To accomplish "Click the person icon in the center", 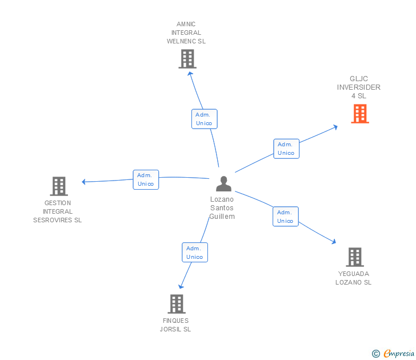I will pos(223,183).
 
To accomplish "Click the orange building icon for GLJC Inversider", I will pos(359,114).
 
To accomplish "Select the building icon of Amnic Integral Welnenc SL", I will pos(187,58).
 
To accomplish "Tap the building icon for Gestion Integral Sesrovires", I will pos(59,186).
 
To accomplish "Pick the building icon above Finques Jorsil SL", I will pos(177,303).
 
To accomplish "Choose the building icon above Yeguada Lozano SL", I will pos(354,257).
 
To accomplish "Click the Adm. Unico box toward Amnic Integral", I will pos(204,119).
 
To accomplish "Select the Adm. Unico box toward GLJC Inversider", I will pos(286,149).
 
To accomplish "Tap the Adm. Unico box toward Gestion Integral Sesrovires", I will pos(146,179).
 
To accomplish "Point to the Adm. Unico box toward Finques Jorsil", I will pos(194,253).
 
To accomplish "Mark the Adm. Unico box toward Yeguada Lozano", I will pos(285,217).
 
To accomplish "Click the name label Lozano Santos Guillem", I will pos(222,208).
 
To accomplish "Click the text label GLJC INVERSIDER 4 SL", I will pos(359,87).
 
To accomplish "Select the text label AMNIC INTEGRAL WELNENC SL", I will pos(186,33).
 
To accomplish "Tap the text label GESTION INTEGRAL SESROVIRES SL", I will pos(58,211).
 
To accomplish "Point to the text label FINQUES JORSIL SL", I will pos(175,325).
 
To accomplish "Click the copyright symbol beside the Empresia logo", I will pos(375,354).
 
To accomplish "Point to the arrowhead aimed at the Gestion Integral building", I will pos(84,182).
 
